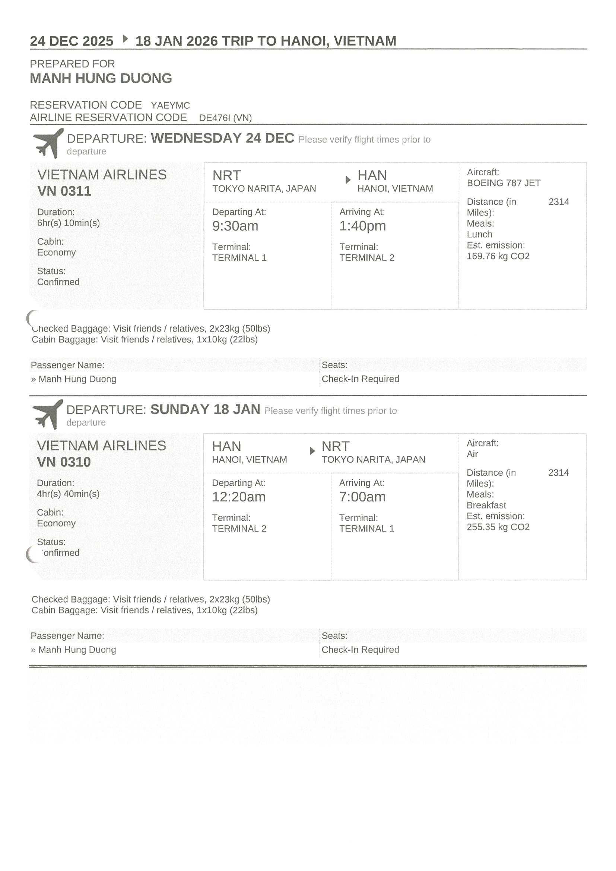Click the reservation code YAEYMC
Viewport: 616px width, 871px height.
pyautogui.click(x=170, y=105)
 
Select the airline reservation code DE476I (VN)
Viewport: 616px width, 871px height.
pyautogui.click(x=225, y=118)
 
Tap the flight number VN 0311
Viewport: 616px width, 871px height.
pyautogui.click(x=64, y=191)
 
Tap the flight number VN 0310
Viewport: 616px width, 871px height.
pyautogui.click(x=64, y=462)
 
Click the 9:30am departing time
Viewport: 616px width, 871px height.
pyautogui.click(x=235, y=226)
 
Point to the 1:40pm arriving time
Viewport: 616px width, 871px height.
pyautogui.click(x=362, y=226)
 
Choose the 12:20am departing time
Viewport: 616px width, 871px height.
pyautogui.click(x=238, y=497)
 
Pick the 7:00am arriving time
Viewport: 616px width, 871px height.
pyautogui.click(x=362, y=497)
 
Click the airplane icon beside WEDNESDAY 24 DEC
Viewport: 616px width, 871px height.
pyautogui.click(x=48, y=143)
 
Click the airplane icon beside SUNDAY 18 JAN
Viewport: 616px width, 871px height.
pyautogui.click(x=48, y=414)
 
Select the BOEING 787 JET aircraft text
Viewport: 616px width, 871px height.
pyautogui.click(x=503, y=183)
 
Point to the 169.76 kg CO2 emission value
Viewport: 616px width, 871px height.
pyautogui.click(x=498, y=256)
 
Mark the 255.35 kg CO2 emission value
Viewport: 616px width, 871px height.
pyautogui.click(x=498, y=527)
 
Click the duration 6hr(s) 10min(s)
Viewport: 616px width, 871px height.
pyautogui.click(x=68, y=223)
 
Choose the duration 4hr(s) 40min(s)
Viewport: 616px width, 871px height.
pyautogui.click(x=68, y=494)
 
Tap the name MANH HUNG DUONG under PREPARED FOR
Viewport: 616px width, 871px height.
pyautogui.click(x=101, y=79)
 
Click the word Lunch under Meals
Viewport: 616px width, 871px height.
pyautogui.click(x=479, y=234)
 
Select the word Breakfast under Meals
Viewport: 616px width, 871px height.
pyautogui.click(x=486, y=505)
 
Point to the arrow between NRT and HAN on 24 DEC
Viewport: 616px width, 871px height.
pyautogui.click(x=347, y=180)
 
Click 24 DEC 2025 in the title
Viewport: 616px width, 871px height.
pyautogui.click(x=72, y=41)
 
